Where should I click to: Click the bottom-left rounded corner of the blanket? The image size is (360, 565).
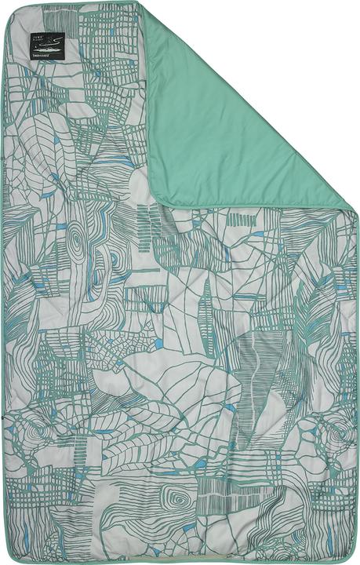[x=9, y=556]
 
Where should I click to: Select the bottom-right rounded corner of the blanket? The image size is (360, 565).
[x=351, y=556]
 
